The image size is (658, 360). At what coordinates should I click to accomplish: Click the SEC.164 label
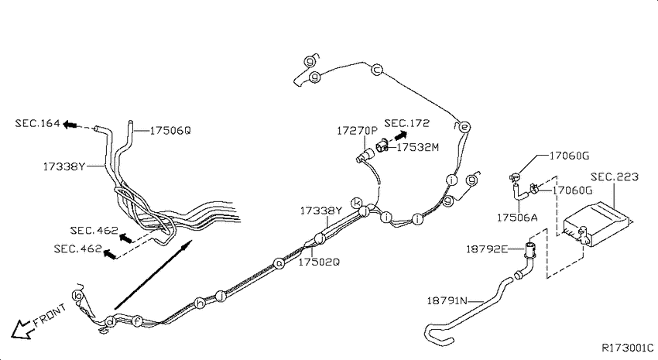click(x=37, y=123)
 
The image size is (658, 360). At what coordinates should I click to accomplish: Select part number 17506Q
click(x=170, y=131)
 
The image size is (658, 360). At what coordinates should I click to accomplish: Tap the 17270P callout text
click(x=357, y=131)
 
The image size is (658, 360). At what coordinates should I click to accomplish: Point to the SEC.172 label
click(x=407, y=123)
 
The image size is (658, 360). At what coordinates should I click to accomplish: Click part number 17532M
click(x=417, y=147)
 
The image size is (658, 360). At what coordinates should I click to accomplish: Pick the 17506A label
click(x=517, y=218)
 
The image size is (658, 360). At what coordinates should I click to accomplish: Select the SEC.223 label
click(x=615, y=177)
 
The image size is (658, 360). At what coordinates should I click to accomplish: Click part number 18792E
click(x=487, y=249)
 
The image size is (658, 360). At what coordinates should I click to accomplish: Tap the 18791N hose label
click(x=447, y=301)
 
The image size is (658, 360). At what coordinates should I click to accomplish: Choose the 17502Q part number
click(x=319, y=262)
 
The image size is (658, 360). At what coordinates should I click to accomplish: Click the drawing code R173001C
click(x=628, y=348)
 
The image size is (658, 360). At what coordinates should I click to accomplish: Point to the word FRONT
click(x=50, y=315)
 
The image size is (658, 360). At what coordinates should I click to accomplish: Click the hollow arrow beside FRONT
click(x=22, y=329)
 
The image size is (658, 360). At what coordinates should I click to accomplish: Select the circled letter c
click(x=377, y=69)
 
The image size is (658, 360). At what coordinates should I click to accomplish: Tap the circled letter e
click(x=464, y=127)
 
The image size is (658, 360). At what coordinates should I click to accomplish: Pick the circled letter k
click(x=357, y=203)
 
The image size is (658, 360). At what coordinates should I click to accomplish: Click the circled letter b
click(x=77, y=296)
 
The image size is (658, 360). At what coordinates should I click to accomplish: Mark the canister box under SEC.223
click(x=596, y=225)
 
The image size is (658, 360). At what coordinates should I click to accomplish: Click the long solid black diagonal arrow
click(x=153, y=274)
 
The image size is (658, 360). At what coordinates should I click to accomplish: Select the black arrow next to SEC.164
click(x=70, y=124)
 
